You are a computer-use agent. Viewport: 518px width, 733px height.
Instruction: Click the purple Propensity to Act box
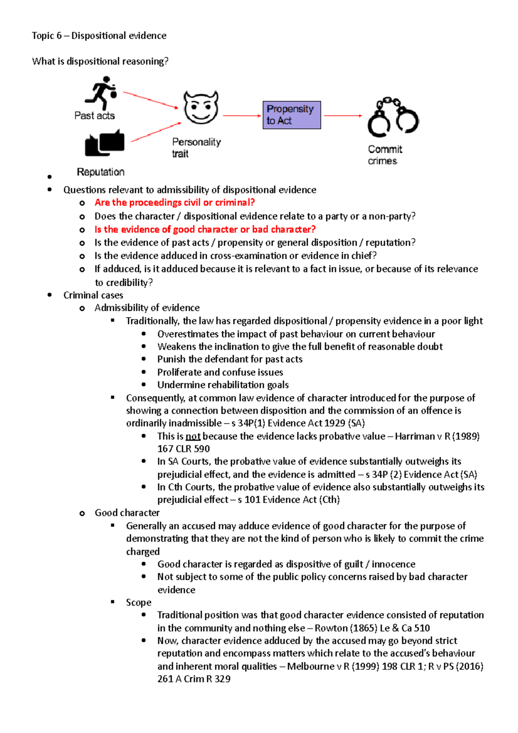click(x=291, y=115)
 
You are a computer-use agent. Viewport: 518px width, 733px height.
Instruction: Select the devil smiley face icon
click(x=201, y=107)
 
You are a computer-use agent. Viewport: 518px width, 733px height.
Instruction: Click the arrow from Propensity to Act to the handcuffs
click(x=343, y=116)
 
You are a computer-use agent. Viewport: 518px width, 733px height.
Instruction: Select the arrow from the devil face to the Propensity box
click(x=242, y=116)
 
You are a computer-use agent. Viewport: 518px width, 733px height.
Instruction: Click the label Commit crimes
click(x=385, y=155)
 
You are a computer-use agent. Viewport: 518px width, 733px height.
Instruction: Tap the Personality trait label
click(x=196, y=148)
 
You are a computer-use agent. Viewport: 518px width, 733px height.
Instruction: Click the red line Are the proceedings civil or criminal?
click(x=174, y=202)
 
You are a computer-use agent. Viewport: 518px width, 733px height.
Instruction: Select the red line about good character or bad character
click(x=205, y=229)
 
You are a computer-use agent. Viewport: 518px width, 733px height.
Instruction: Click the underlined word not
click(x=193, y=436)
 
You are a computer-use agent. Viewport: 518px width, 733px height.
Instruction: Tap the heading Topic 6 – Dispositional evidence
click(x=99, y=35)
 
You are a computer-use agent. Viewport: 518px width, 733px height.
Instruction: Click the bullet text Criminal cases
click(x=93, y=295)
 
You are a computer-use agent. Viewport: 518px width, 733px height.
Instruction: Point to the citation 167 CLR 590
click(x=183, y=449)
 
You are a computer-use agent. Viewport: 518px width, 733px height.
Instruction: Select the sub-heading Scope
click(x=139, y=602)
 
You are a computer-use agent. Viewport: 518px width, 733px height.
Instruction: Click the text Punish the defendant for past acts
click(x=230, y=359)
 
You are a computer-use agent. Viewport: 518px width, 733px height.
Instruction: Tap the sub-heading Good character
click(x=127, y=513)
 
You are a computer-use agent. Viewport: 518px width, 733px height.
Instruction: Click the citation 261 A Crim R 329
click(x=194, y=679)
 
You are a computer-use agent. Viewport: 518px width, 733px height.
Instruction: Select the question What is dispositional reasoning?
click(x=100, y=61)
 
